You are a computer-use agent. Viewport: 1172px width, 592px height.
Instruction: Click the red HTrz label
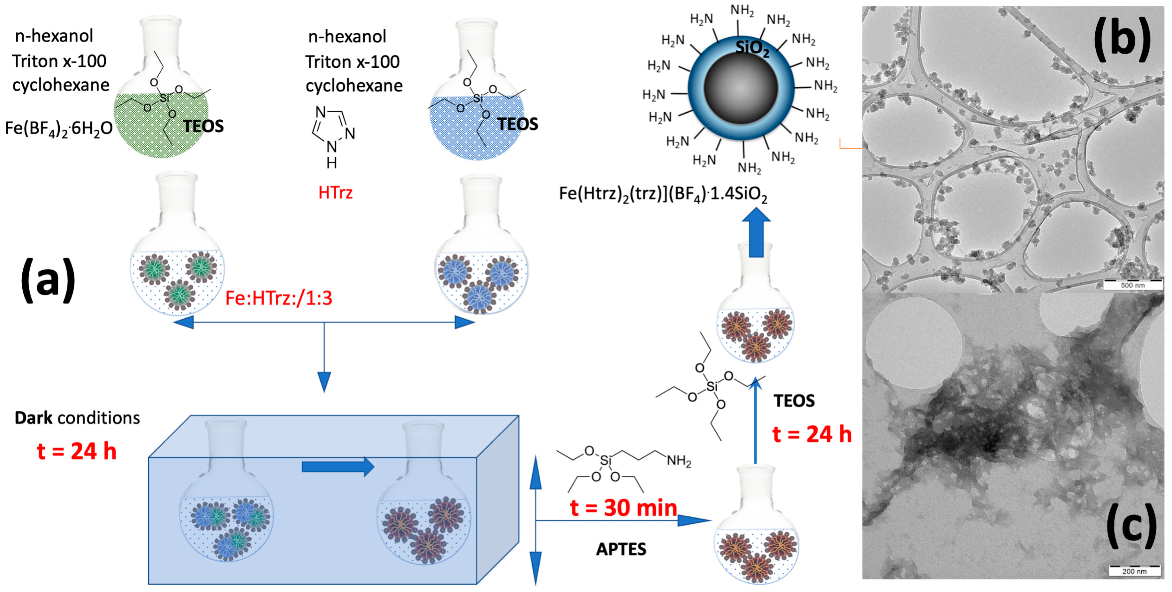tap(335, 193)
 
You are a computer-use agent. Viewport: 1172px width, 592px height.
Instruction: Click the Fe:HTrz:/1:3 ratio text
tap(279, 298)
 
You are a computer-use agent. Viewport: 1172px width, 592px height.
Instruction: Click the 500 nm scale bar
tap(1132, 285)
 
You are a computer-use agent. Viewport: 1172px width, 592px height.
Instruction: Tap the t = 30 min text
tap(623, 508)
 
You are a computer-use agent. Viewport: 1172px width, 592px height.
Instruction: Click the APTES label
tap(621, 549)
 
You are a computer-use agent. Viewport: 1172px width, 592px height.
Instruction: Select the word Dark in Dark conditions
tap(33, 418)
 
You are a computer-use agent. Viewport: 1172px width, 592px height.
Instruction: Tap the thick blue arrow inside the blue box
tap(337, 467)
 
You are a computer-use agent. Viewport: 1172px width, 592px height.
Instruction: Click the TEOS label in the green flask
tap(203, 126)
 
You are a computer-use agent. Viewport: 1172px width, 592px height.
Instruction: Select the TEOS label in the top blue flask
tap(517, 124)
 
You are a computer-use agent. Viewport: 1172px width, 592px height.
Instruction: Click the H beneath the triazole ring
tap(332, 163)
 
